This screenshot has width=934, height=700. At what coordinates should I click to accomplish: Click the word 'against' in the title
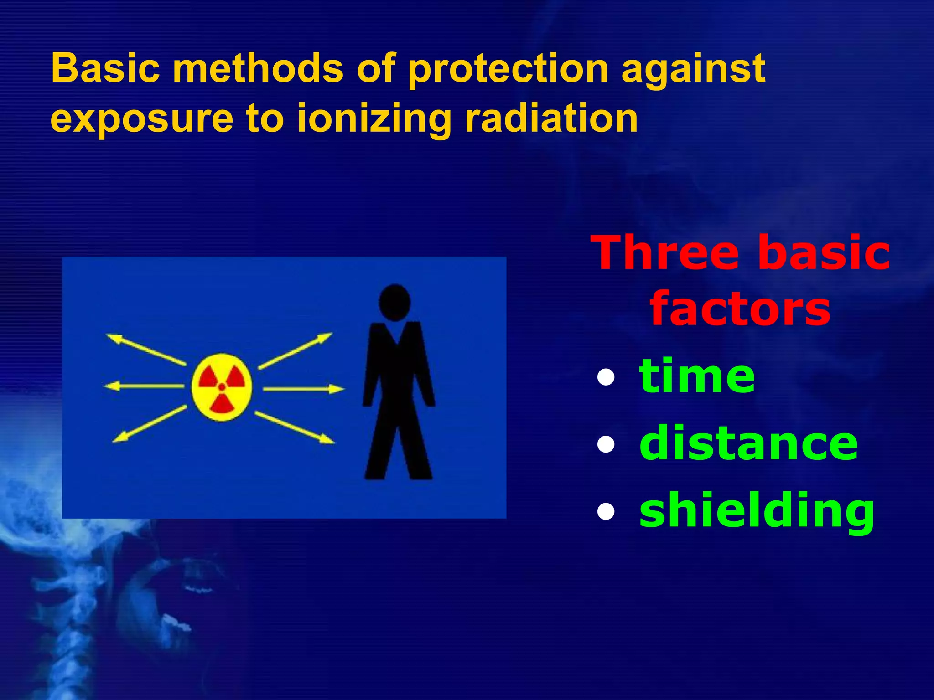693,69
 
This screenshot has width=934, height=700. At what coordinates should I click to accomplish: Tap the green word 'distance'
748,443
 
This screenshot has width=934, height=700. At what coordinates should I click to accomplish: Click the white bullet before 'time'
606,377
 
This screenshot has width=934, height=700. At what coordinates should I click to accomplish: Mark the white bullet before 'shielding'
606,511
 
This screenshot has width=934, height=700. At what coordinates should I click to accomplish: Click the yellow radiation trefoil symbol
222,387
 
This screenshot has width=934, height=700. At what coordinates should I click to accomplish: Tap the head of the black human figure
394,303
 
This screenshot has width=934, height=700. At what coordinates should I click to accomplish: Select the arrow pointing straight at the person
303,389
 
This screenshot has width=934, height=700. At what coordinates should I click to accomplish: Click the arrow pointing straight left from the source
144,386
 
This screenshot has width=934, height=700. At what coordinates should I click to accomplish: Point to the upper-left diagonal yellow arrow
146,350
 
